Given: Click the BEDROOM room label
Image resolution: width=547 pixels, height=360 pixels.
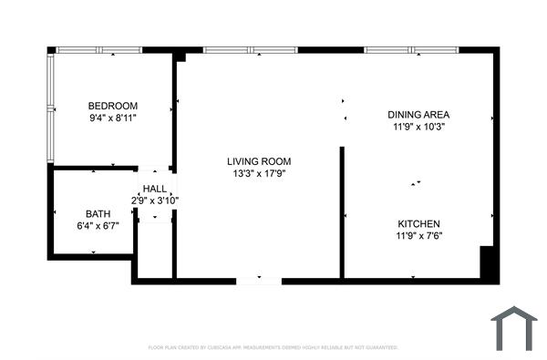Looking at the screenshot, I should point(112,105).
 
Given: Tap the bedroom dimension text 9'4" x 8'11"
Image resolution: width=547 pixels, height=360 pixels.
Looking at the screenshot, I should point(112,118).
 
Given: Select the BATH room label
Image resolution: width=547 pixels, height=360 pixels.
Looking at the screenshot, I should point(98,214).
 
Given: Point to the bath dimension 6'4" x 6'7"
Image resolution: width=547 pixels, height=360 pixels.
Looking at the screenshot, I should point(98,226).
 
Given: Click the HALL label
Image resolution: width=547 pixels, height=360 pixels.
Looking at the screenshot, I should point(154,189).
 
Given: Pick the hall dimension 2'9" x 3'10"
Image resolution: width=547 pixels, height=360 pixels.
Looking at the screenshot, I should point(154,201).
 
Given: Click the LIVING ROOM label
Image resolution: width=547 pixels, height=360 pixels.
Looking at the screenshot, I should point(259,161).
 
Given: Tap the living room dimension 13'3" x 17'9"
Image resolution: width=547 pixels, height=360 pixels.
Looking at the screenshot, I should point(259,173).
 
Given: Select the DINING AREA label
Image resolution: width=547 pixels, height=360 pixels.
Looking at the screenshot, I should point(419,115).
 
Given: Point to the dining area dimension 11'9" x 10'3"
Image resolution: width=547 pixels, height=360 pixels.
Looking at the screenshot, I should point(419,128).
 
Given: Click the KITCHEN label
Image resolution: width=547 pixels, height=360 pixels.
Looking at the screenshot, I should point(419,224).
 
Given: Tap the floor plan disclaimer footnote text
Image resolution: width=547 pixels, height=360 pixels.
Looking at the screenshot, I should point(273,347).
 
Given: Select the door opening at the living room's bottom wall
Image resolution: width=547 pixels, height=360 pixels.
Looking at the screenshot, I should point(259,281).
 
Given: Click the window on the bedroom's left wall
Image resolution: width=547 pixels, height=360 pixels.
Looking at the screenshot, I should point(50,108).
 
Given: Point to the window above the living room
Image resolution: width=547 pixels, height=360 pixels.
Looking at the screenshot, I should point(251,50).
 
